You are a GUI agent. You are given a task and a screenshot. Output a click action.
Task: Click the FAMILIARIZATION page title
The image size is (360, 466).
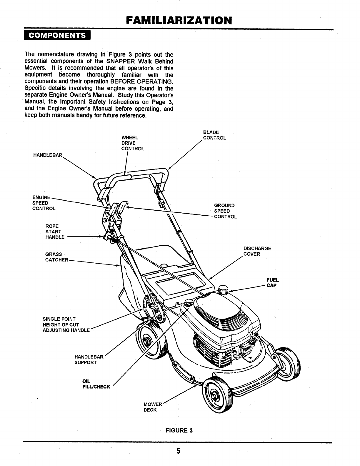tap(179, 21)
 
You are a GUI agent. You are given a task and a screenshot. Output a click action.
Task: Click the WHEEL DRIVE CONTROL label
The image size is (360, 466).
tap(133, 143)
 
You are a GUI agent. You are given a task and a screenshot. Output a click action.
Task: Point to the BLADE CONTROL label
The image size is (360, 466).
tap(214, 135)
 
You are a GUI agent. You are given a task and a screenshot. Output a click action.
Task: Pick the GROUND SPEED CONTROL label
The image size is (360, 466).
tap(225, 211)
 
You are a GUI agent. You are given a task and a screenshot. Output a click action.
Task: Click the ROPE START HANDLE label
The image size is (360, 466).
tap(55, 232)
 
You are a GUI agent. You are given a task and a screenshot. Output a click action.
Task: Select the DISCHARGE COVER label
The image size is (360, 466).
tap(257, 251)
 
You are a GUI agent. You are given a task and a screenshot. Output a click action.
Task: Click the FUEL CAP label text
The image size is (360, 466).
tap(272, 282)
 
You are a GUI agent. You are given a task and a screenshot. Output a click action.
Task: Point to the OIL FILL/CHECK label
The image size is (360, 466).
tap(96, 384)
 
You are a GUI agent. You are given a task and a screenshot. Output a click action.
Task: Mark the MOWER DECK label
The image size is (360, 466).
tap(153, 407)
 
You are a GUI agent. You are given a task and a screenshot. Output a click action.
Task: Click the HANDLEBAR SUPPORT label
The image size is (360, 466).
tap(89, 360)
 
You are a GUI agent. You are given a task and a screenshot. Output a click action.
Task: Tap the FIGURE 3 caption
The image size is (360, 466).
tap(179, 430)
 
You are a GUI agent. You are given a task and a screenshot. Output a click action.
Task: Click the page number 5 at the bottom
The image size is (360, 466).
tap(178, 451)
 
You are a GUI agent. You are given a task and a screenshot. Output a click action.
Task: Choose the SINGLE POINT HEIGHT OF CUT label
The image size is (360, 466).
tap(66, 324)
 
